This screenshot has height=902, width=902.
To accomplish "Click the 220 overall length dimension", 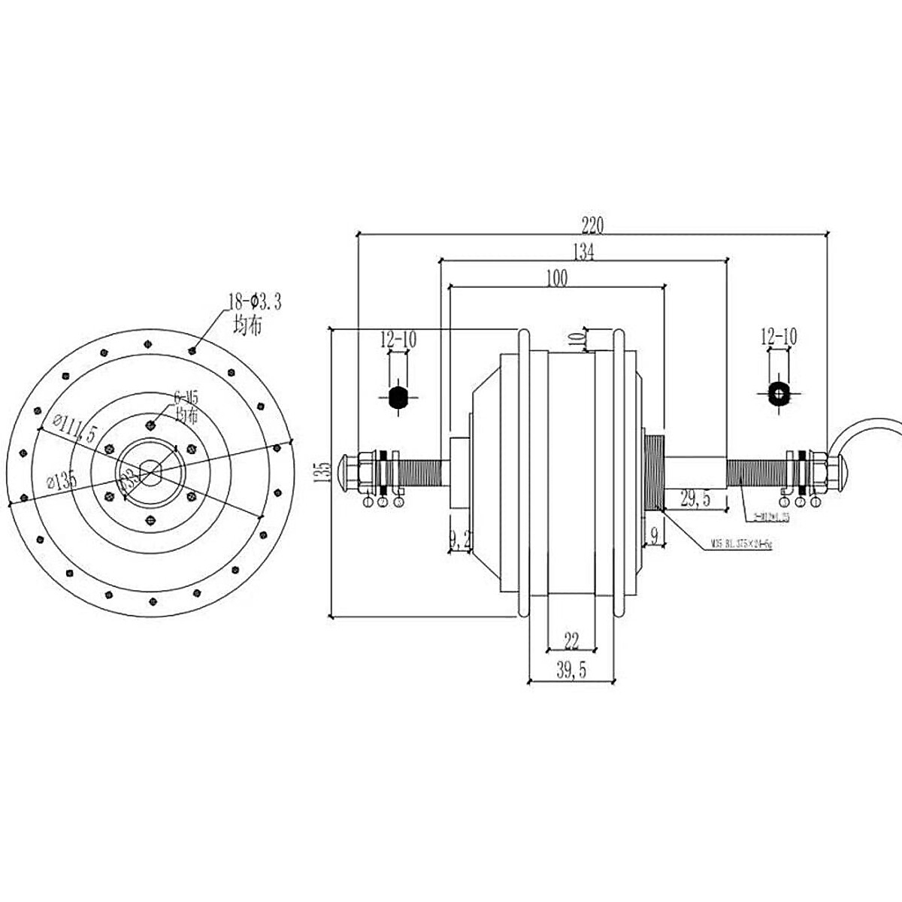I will pos(592,225).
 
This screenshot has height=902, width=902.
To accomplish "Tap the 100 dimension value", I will pos(557,277).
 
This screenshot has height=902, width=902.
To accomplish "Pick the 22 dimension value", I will pos(571,640).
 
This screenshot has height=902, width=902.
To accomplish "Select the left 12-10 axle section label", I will pos(398,339).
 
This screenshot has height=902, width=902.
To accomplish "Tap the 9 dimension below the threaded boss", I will pos(653,536).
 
